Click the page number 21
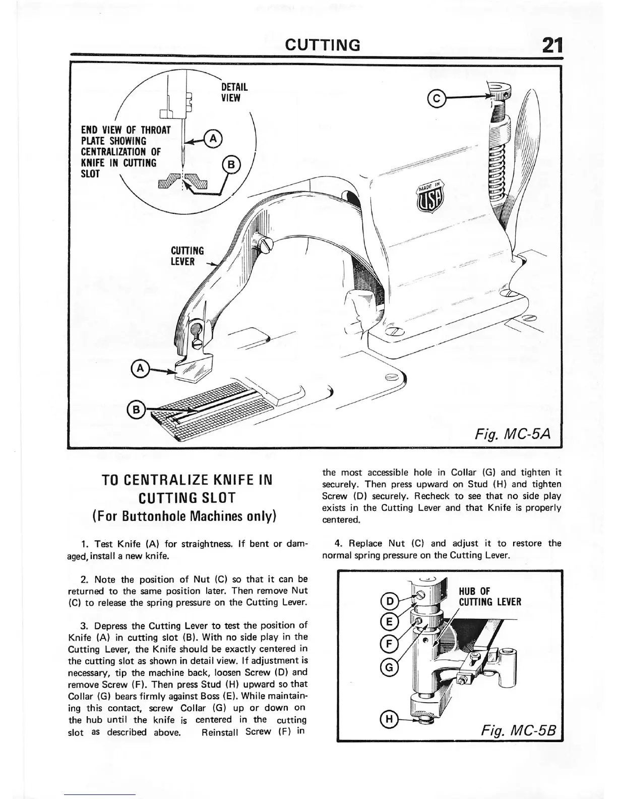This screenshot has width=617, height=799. tap(549, 45)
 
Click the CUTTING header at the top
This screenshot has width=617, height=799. tap(323, 45)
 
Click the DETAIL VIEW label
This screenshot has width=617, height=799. tap(234, 92)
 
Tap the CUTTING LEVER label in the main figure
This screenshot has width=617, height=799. tap(188, 256)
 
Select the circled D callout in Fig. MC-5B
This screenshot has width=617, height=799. tap(390, 601)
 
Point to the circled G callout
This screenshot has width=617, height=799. tap(390, 667)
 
